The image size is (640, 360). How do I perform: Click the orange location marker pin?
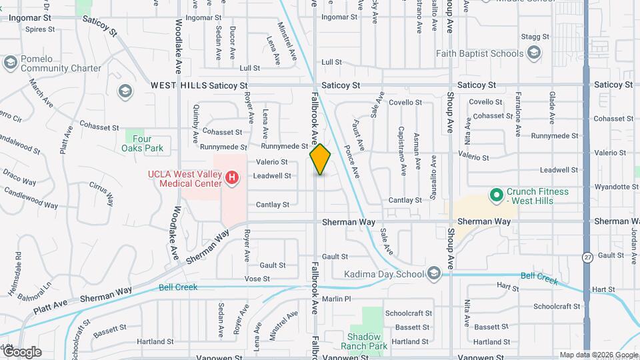pyautogui.click(x=320, y=159)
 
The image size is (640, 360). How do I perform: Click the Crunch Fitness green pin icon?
pyautogui.click(x=495, y=195)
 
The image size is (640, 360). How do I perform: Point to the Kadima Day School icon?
pyautogui.click(x=434, y=274)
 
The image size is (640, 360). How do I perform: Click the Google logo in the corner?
pyautogui.click(x=21, y=351)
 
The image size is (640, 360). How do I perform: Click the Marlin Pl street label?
pyautogui.click(x=336, y=299)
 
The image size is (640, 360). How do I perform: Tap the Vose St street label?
pyautogui.click(x=257, y=279)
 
